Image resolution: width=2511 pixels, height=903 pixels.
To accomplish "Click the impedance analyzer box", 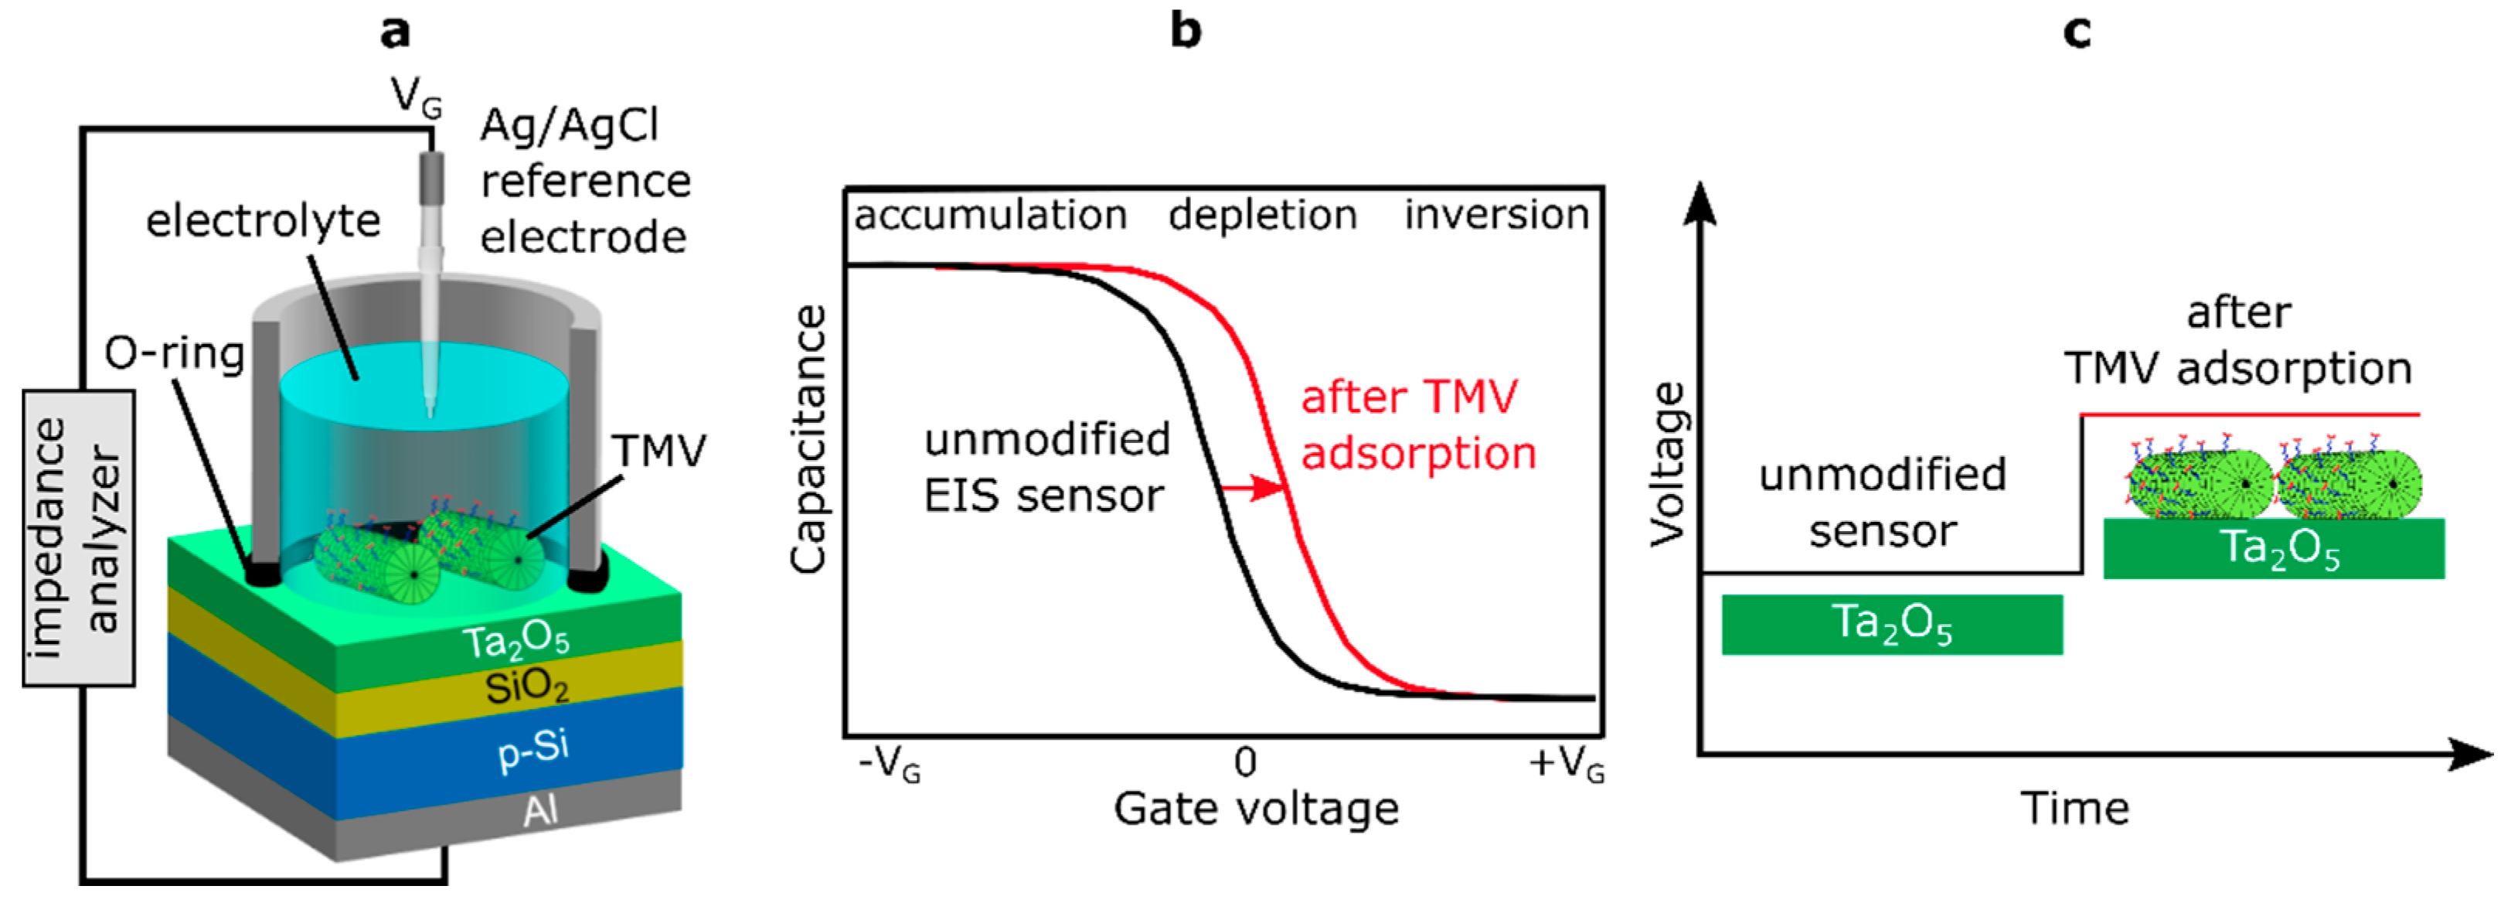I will (78, 538).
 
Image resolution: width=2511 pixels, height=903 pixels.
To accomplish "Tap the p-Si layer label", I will (533, 749).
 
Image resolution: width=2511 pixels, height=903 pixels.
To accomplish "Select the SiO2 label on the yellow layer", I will (526, 687).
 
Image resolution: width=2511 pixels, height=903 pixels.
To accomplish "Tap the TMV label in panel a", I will (658, 451).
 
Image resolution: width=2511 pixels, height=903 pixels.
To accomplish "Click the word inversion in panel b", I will (1496, 214).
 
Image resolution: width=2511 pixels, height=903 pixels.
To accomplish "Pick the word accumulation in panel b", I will (990, 214).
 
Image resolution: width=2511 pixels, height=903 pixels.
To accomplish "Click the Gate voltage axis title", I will (1255, 809).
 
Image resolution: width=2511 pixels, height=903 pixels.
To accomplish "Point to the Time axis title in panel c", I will (2074, 809).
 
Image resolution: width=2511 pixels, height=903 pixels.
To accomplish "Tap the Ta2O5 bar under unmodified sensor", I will (1891, 624).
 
